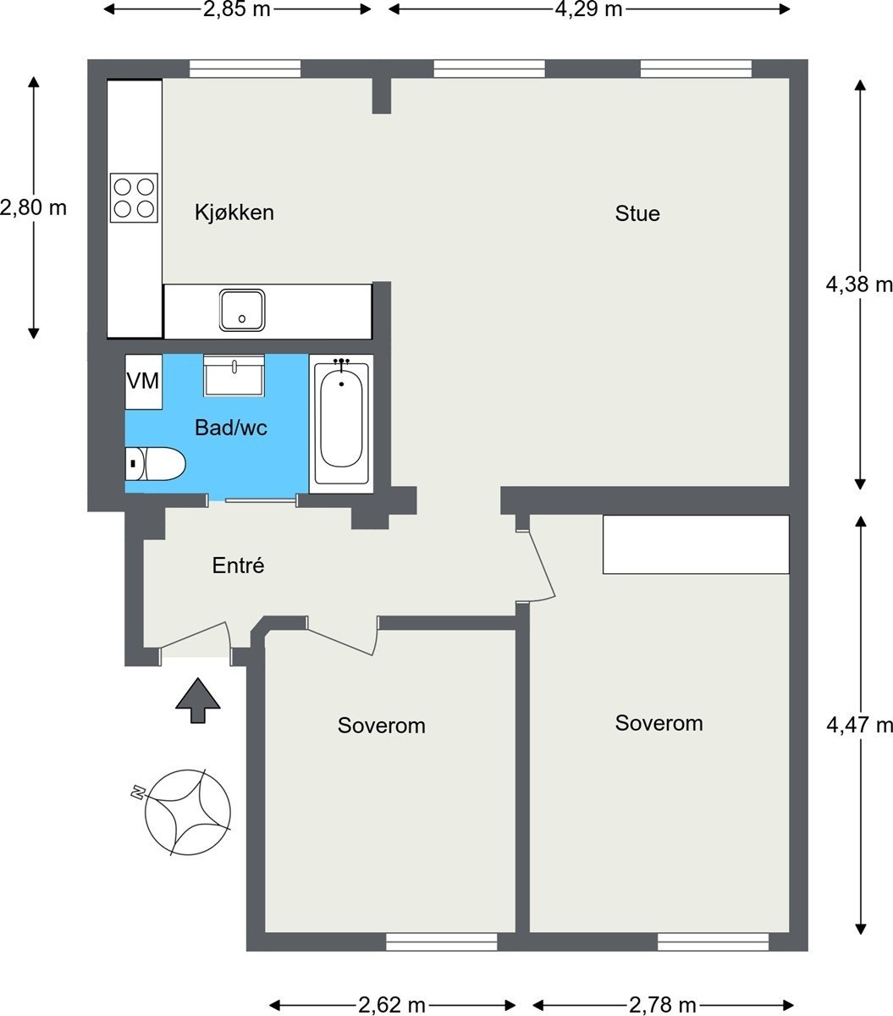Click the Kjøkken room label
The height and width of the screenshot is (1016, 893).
click(234, 213)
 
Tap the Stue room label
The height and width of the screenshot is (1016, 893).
click(637, 213)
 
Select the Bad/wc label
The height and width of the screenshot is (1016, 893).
click(230, 428)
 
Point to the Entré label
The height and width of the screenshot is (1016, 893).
click(238, 566)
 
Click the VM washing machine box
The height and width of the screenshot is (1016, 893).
click(143, 382)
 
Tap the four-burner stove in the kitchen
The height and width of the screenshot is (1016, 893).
click(134, 198)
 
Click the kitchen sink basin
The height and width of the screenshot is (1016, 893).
click(242, 310)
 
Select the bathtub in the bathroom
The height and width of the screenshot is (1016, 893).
click(341, 423)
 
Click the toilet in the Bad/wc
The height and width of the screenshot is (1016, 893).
click(155, 464)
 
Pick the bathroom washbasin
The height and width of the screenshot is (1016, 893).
click(234, 375)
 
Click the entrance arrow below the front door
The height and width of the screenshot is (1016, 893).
click(197, 700)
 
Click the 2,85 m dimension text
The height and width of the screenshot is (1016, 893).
click(237, 9)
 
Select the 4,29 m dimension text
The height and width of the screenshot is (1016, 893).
click(588, 9)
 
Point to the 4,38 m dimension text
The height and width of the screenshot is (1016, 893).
click(859, 284)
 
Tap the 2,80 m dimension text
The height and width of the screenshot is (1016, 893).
click(33, 207)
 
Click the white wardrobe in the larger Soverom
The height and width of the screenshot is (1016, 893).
click(696, 544)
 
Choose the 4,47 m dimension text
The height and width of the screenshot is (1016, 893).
click(859, 725)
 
